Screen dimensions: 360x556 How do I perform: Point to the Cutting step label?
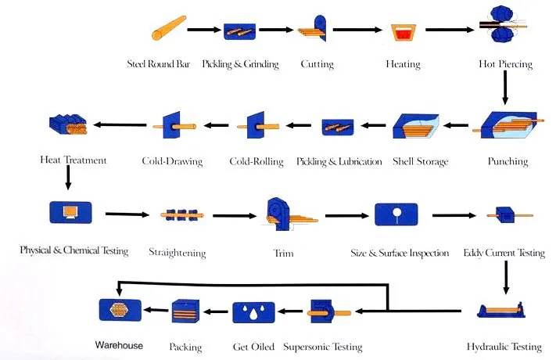tap(317, 64)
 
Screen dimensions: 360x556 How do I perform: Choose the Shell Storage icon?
tap(418, 124)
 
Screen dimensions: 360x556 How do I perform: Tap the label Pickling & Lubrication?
tap(339, 162)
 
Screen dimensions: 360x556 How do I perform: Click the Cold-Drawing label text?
tap(171, 162)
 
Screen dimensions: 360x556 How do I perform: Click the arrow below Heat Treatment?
tap(67, 178)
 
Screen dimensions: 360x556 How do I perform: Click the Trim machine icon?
tap(282, 214)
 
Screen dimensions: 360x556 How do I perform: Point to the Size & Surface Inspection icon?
tap(396, 214)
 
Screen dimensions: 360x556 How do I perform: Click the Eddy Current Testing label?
tap(504, 253)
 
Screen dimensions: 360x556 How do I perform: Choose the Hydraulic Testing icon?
tap(505, 317)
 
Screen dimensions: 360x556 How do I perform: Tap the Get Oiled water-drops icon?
tap(253, 312)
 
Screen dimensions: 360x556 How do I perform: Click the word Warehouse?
tap(119, 345)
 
